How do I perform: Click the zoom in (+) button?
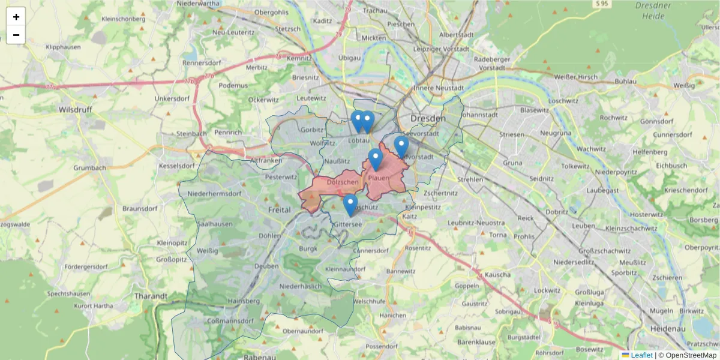click(x=16, y=17)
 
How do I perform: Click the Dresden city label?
click(x=428, y=119)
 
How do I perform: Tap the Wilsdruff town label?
click(x=74, y=110)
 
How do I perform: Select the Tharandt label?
click(x=151, y=296)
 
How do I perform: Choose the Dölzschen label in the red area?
click(x=343, y=182)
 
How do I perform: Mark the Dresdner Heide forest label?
click(x=653, y=10)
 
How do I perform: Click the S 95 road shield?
click(x=602, y=4)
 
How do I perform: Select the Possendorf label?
click(x=382, y=347)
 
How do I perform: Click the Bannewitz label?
click(x=401, y=271)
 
